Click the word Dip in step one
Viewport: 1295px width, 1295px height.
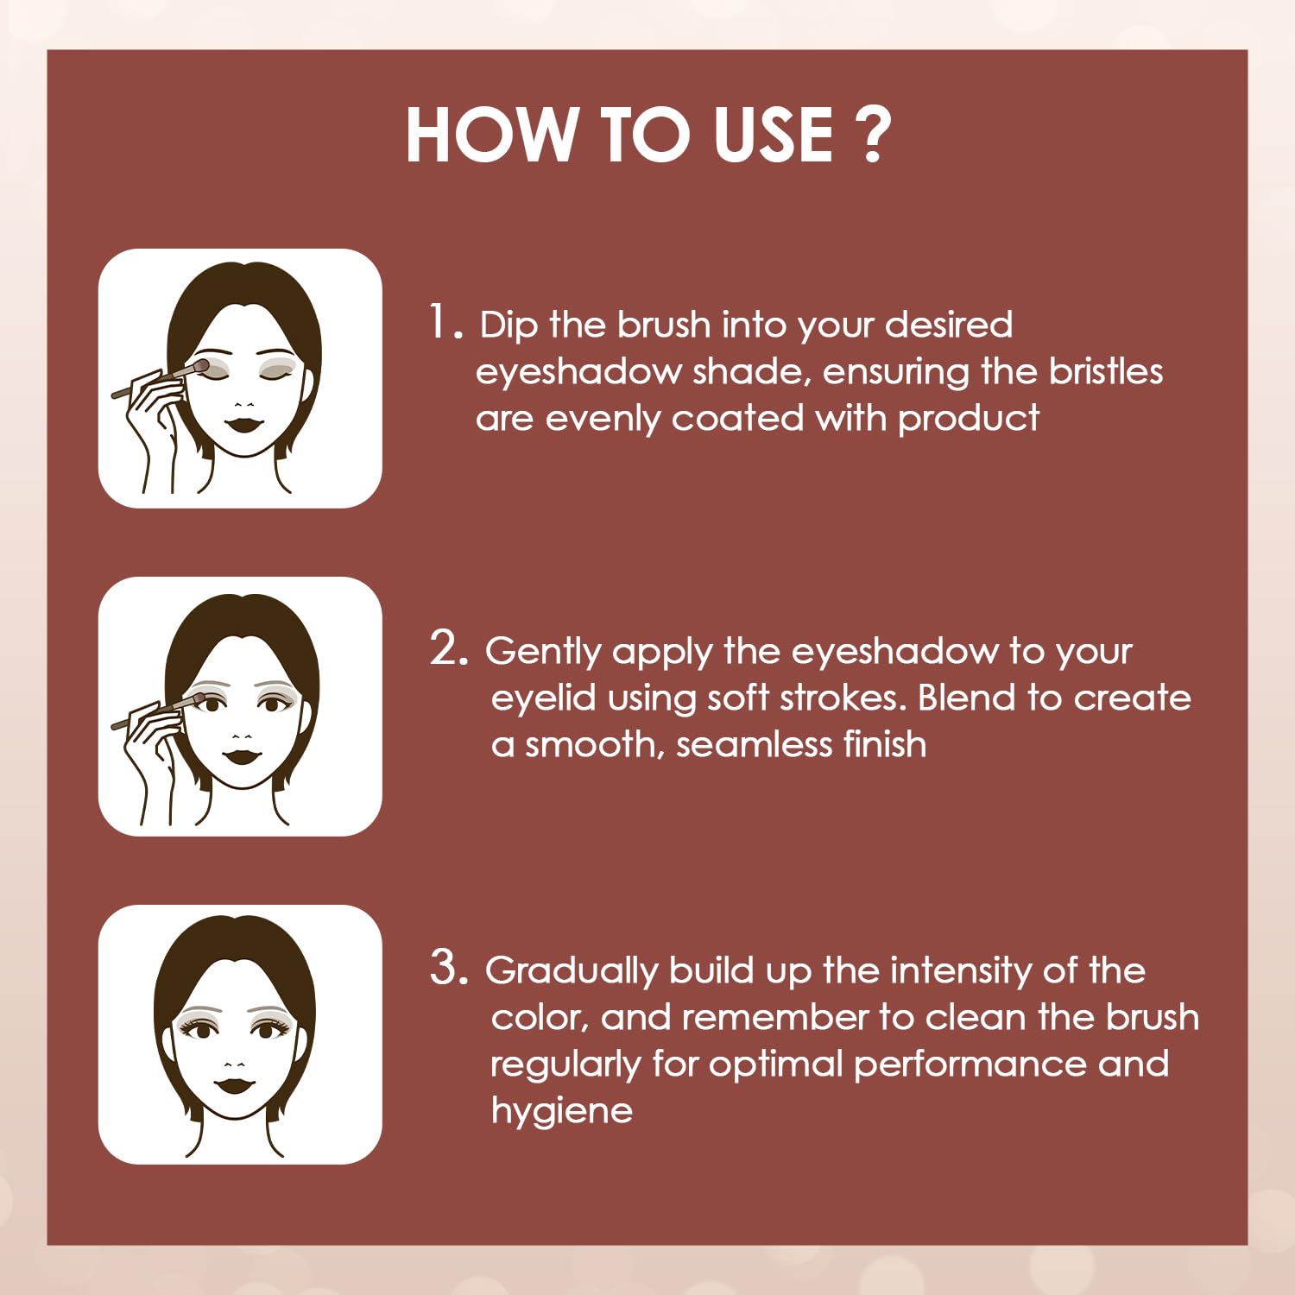[509, 326]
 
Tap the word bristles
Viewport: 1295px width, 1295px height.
[1106, 371]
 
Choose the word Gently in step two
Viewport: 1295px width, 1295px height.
[544, 653]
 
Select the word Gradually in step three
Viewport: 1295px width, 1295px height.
[572, 972]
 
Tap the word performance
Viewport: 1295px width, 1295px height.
[970, 1065]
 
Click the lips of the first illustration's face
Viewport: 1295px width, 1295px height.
[245, 424]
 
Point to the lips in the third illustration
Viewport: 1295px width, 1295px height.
[233, 1083]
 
